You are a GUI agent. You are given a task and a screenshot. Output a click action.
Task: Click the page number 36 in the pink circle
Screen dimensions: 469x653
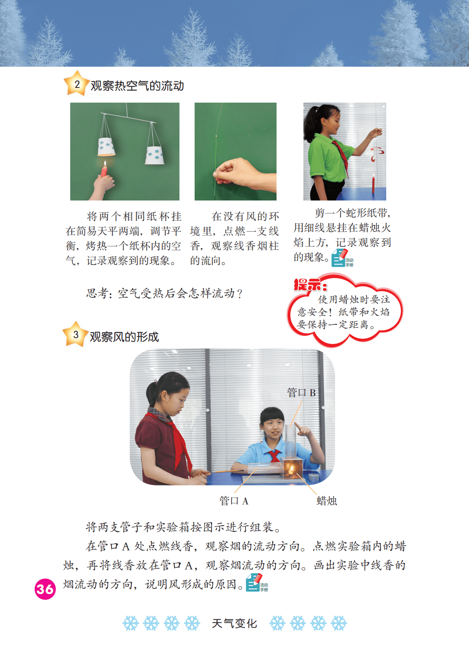pos(45,589)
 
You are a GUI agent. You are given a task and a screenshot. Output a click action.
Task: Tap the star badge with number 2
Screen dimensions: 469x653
pos(76,84)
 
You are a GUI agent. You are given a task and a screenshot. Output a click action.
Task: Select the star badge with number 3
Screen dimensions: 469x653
pos(75,334)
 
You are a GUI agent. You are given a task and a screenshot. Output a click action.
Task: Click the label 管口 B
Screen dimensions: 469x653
pos(302,393)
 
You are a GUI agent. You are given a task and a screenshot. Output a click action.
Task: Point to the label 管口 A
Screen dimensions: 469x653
pos(234,501)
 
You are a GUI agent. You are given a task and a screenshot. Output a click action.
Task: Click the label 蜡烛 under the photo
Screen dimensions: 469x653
pos(327,501)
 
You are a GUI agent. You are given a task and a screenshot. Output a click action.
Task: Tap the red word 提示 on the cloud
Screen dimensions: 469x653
pos(310,285)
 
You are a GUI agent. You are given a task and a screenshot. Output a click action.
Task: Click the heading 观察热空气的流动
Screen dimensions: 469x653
pos(137,86)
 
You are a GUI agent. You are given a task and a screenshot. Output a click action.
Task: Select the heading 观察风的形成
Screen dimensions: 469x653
pos(124,337)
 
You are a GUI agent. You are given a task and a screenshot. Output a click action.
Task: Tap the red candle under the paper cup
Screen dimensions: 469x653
pos(104,169)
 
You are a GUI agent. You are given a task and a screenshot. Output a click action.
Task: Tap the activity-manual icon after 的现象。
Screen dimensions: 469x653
pos(342,258)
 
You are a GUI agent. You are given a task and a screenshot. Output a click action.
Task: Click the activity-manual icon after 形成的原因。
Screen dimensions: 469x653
pos(257,583)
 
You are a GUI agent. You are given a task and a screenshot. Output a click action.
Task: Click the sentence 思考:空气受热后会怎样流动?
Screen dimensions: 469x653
pos(164,293)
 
